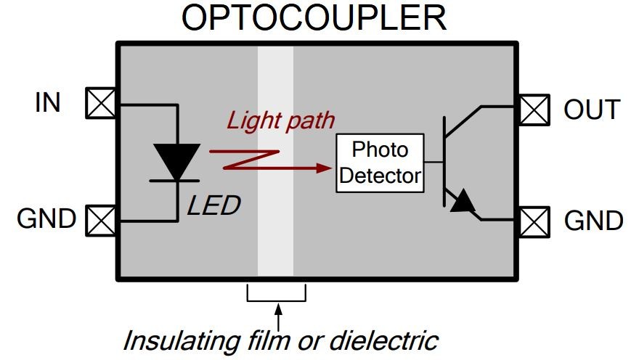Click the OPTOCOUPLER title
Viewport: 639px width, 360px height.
(x=314, y=18)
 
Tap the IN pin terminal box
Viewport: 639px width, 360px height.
(x=100, y=103)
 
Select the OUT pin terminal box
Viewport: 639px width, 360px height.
(x=534, y=110)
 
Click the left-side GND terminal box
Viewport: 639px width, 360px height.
(x=100, y=219)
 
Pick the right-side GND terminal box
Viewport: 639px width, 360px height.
(x=534, y=220)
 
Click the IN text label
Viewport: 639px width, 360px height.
(x=48, y=103)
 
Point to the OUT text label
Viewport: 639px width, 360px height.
(x=592, y=110)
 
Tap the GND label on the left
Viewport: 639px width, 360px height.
(x=46, y=218)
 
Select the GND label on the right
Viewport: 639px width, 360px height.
(x=593, y=221)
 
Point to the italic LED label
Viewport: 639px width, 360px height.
(x=213, y=206)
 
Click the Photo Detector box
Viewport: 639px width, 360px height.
(x=380, y=163)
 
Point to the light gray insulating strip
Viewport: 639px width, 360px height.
(x=275, y=240)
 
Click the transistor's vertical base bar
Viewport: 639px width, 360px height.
(x=444, y=161)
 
